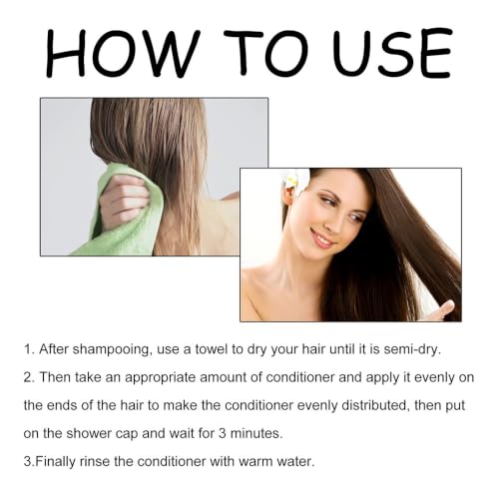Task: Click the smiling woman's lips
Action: coord(322,241)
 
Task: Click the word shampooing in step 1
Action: coord(111,350)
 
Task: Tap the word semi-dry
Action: coord(412,350)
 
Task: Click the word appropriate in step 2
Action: coord(160,378)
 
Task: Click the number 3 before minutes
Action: coord(223,433)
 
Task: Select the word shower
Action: coord(88,434)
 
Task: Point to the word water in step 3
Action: coord(295,462)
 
